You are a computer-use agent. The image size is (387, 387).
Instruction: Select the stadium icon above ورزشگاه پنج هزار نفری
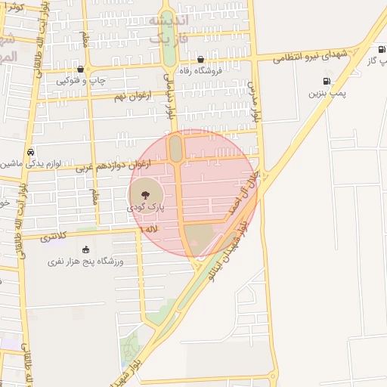pos(85,249)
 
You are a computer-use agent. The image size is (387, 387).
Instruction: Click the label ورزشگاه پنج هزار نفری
pos(85,262)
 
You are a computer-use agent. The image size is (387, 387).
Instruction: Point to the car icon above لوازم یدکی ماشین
pos(30,151)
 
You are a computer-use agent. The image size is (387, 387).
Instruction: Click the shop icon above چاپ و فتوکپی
pos(80,69)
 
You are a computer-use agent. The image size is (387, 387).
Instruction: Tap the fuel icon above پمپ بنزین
pos(327,81)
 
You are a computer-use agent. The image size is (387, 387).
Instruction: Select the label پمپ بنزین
pos(327,93)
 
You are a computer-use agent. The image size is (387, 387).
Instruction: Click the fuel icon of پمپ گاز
pos(380,50)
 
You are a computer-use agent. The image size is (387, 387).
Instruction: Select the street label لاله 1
pos(150,228)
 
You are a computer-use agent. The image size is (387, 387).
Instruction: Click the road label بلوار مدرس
pos(254,105)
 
